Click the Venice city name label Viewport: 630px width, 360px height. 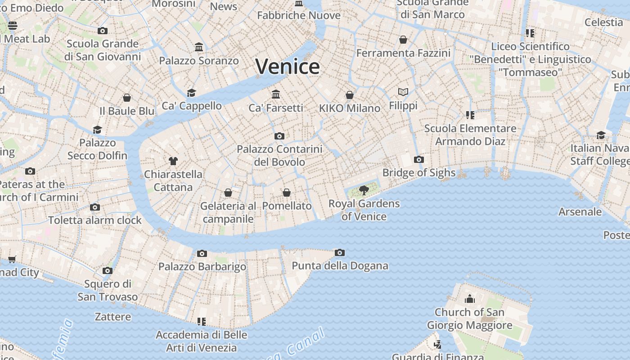tap(288, 67)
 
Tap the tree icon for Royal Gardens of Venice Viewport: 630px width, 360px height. tap(364, 190)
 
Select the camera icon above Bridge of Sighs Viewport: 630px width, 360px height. tap(419, 159)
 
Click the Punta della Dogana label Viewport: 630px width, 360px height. tap(340, 265)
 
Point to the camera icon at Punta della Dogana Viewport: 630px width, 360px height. tap(340, 252)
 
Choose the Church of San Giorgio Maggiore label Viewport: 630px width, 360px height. tap(469, 318)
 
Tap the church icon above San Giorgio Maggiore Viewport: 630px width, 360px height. tap(469, 299)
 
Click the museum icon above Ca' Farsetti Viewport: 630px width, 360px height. tap(276, 94)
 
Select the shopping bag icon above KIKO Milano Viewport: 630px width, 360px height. tap(350, 94)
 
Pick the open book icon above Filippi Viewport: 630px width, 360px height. tap(403, 92)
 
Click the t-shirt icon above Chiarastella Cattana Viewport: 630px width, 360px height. tap(173, 161)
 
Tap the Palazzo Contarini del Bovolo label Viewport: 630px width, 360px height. tap(279, 155)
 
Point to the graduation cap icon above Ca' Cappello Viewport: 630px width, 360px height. tap(192, 93)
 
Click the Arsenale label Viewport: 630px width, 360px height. tap(580, 211)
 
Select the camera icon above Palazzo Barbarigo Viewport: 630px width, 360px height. tap(202, 253)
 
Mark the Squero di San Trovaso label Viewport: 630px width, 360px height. tap(108, 290)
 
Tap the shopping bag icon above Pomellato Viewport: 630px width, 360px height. tap(287, 193)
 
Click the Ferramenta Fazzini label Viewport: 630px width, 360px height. tap(403, 53)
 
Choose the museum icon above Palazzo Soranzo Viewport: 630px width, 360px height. tap(199, 47)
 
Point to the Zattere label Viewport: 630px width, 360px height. tap(113, 317)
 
